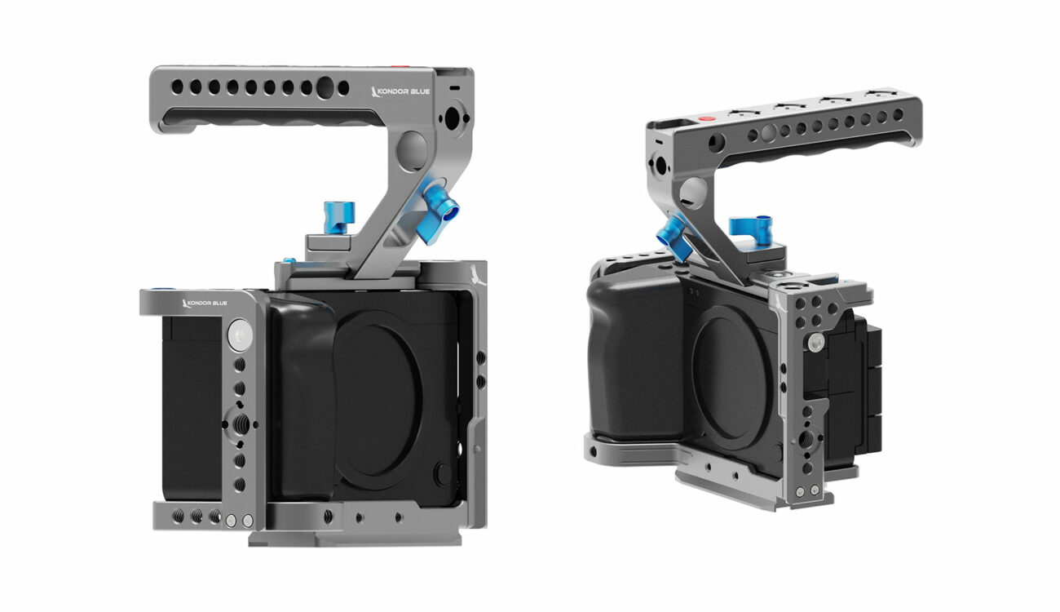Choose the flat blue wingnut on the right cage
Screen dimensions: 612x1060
coord(751,229)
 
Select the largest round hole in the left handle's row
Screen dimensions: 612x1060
coord(325,88)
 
